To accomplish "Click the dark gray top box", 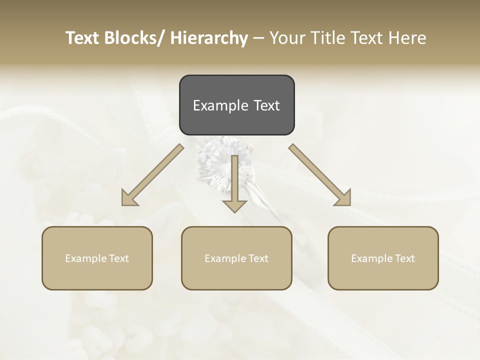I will [x=236, y=105].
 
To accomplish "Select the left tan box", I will [x=97, y=258].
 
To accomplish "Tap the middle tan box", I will [x=236, y=258].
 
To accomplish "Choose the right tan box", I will [x=383, y=258].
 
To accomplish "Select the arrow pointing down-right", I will [x=320, y=174].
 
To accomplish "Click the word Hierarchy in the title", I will [x=209, y=38].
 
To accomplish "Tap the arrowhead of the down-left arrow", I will [x=128, y=199].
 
